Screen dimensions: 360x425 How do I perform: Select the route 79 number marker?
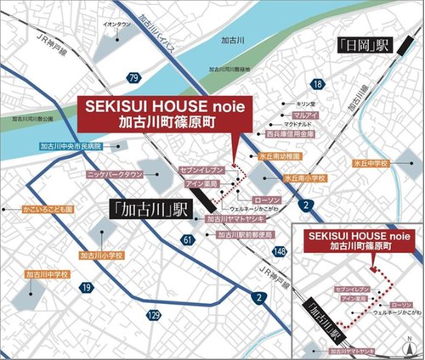coord(133,78)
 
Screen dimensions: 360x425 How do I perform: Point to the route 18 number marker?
coord(317,84)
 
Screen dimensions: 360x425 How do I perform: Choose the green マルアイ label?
coord(304,114)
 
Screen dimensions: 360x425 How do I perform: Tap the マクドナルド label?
coord(304,124)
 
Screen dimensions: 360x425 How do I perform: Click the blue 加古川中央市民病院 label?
coord(71,146)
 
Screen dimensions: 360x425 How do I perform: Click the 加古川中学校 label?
coord(47,274)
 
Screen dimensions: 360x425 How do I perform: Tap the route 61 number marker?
coord(187,241)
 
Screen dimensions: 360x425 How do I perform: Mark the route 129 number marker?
coord(153,315)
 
